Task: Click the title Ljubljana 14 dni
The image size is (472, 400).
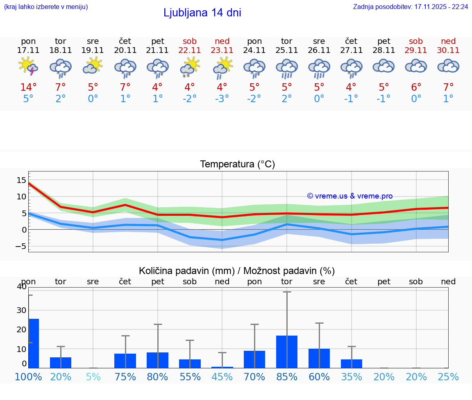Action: [202, 13]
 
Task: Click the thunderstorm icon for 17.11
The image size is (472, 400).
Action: [28, 66]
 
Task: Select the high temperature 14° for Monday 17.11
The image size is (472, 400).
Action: [28, 87]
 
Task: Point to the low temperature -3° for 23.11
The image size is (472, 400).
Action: [222, 99]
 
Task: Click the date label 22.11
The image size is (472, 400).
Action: [190, 50]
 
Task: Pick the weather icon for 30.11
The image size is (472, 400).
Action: [448, 66]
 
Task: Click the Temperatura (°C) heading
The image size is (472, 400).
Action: [237, 165]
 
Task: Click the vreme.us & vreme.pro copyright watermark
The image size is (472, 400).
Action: [349, 196]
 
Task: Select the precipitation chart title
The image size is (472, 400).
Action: [237, 271]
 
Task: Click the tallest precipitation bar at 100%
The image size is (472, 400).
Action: [34, 343]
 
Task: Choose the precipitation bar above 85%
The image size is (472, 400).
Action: [287, 352]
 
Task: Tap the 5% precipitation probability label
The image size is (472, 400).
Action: [93, 377]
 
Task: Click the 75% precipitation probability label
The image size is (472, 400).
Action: [125, 377]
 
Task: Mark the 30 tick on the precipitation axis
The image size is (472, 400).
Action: [21, 310]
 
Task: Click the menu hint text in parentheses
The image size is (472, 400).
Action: [46, 7]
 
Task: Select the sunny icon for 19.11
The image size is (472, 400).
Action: [93, 66]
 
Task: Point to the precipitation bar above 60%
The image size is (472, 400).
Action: [319, 358]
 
